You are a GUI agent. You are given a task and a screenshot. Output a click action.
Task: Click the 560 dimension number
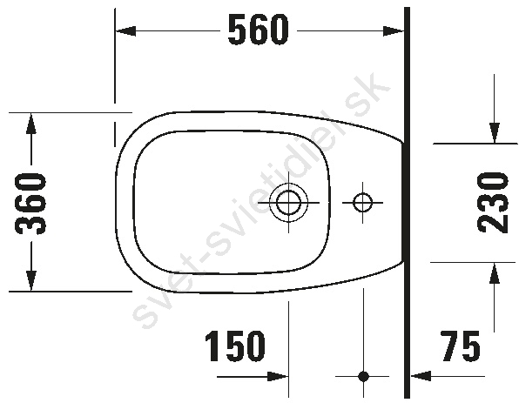258,30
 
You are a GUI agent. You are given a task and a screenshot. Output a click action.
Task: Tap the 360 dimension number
30,204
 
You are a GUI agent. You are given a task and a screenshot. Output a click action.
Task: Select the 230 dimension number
493,202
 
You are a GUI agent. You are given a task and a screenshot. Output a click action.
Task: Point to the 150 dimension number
235,346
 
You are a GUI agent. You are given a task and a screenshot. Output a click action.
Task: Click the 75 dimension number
460,346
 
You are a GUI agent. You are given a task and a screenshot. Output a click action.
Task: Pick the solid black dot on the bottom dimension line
363,376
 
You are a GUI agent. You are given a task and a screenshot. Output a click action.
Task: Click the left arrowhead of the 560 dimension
125,31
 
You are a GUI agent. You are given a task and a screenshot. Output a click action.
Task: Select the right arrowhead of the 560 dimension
394,31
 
